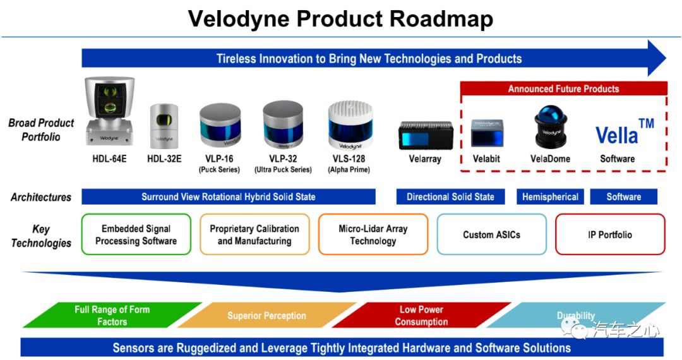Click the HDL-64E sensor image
point(110,111)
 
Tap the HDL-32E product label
point(164,159)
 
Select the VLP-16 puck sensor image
point(220,125)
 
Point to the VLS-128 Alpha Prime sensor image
point(350,126)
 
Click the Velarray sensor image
point(426,135)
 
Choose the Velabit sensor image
point(487,133)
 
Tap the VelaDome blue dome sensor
point(551,126)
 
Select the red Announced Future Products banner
point(564,88)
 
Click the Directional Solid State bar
point(451,197)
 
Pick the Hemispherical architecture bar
point(550,197)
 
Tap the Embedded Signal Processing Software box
point(136,234)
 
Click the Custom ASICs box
point(491,234)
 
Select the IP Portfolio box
point(610,234)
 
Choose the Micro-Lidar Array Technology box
point(373,234)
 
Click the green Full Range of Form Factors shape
point(112,315)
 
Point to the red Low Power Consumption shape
point(421,315)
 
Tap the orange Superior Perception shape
point(266,315)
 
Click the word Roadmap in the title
point(441,19)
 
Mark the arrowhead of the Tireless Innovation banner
point(657,58)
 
